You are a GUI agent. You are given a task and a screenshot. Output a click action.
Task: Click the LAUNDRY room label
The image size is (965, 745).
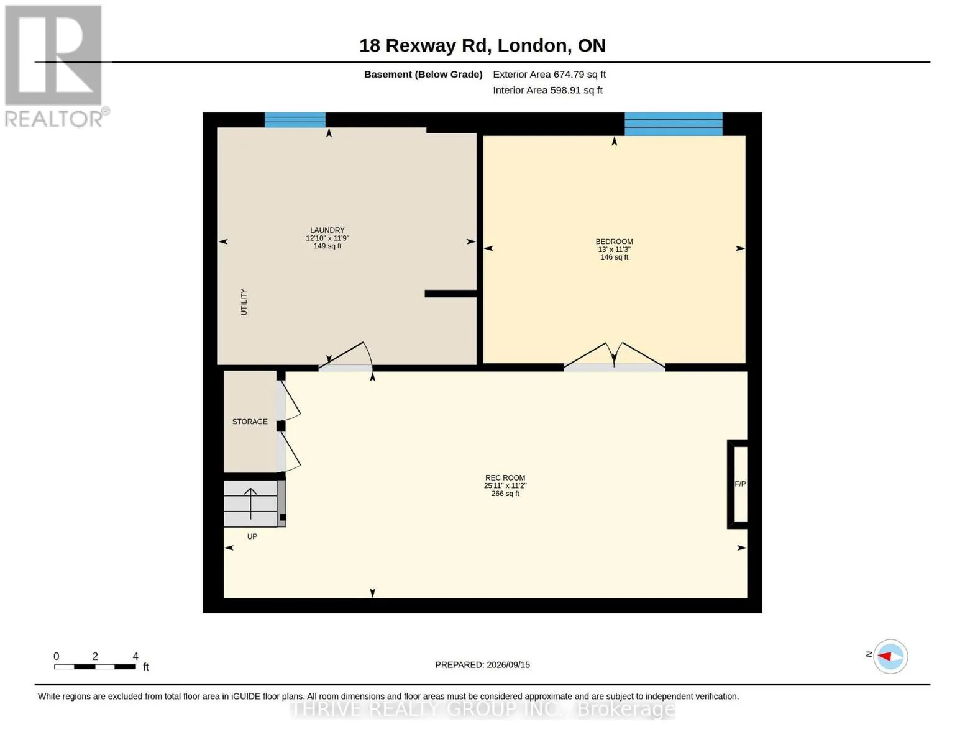(327, 230)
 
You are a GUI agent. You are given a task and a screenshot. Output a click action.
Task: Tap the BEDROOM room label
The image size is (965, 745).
(614, 242)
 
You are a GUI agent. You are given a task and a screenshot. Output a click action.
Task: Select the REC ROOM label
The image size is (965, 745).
(505, 478)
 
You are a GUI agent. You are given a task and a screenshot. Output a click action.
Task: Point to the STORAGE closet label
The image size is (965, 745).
(250, 422)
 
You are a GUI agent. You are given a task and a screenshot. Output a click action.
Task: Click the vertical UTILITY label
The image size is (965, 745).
(244, 302)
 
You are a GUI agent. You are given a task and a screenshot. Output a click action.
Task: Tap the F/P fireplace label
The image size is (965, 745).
(740, 484)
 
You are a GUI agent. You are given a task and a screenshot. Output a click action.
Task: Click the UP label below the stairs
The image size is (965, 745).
(252, 536)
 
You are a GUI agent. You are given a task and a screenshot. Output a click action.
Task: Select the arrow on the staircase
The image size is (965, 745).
(250, 503)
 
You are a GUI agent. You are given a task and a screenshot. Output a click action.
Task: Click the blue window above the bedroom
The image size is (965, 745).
(673, 124)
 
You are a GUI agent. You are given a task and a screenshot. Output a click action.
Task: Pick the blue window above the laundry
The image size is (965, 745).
(295, 120)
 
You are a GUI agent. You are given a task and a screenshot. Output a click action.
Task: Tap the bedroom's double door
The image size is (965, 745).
(614, 356)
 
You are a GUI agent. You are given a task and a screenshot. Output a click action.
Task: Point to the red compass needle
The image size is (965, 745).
(884, 656)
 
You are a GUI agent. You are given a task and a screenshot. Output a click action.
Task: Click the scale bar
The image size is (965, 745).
(95, 667)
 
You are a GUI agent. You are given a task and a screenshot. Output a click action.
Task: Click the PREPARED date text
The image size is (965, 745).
(482, 665)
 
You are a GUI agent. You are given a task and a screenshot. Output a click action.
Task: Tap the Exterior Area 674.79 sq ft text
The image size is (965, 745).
(549, 74)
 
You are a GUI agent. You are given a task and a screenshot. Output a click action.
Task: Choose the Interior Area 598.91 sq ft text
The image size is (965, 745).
(547, 90)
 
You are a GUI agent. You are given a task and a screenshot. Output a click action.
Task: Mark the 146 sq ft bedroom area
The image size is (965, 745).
(614, 257)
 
